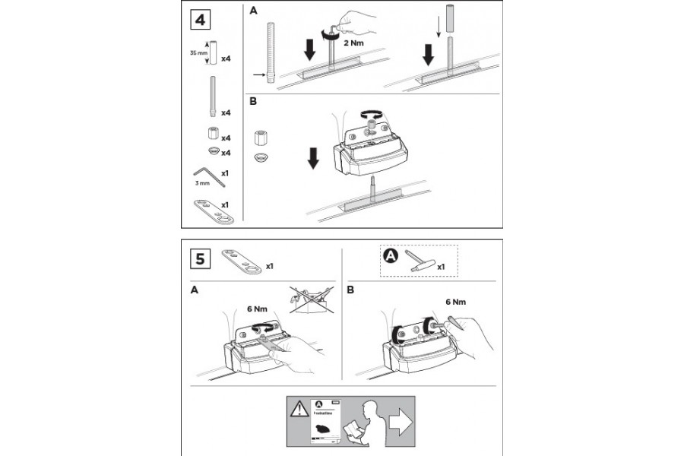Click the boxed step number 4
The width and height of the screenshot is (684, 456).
(199, 19)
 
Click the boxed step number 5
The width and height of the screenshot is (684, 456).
(200, 258)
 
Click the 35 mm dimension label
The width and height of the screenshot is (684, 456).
(197, 53)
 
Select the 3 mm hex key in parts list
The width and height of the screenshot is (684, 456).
(210, 176)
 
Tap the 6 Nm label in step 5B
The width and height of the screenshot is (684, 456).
(456, 302)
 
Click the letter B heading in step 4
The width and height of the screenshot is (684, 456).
(253, 100)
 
